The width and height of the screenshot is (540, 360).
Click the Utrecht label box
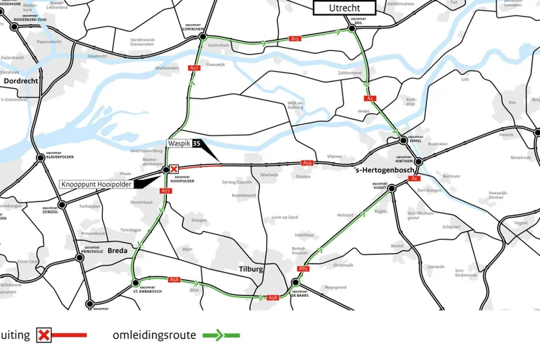[344, 8]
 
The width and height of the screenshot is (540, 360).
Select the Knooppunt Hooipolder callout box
[97, 185]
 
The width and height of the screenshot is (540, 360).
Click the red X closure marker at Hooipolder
[174, 169]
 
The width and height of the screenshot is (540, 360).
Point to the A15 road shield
[295, 39]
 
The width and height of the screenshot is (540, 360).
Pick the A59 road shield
[308, 163]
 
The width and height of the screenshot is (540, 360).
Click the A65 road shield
[303, 269]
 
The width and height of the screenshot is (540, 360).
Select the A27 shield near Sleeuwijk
[194, 68]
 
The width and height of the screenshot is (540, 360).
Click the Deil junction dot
[357, 29]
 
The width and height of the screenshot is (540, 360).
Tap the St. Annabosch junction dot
[136, 283]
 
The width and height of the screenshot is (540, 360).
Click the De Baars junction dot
[295, 282]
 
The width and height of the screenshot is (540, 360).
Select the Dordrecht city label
[22, 81]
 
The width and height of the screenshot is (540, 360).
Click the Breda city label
[117, 250]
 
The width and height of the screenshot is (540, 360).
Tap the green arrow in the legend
[221, 336]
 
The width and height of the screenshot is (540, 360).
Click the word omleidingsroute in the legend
[154, 335]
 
